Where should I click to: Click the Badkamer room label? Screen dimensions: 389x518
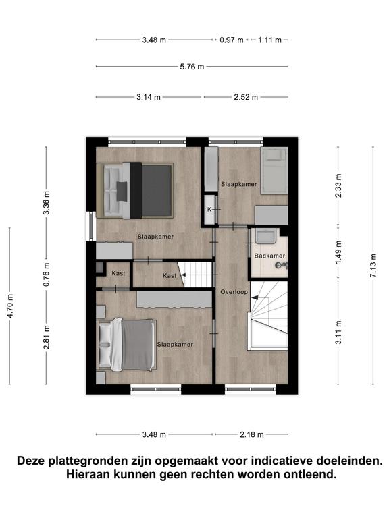click(269, 256)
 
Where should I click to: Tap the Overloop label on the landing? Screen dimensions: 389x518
click(234, 292)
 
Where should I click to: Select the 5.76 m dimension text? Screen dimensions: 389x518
click(192, 67)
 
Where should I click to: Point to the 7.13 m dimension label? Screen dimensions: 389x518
click(373, 265)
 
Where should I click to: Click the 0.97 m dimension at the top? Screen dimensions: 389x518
click(232, 40)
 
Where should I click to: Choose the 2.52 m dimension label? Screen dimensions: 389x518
click(246, 97)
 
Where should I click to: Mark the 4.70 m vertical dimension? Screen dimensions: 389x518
click(10, 306)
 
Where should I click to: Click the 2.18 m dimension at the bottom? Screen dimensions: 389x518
click(252, 434)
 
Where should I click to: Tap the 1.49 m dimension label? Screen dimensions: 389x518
click(338, 252)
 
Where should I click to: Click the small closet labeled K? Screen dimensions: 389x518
click(209, 210)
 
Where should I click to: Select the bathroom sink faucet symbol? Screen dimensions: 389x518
click(282, 264)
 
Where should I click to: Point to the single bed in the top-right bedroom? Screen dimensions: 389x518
click(274, 171)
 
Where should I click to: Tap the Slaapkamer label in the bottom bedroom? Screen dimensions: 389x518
click(175, 345)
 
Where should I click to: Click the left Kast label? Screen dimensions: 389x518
click(118, 274)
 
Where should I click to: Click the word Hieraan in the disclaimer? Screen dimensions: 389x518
click(88, 474)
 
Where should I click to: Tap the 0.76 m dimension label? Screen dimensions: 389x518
click(47, 275)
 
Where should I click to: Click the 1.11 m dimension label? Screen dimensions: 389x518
click(269, 40)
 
